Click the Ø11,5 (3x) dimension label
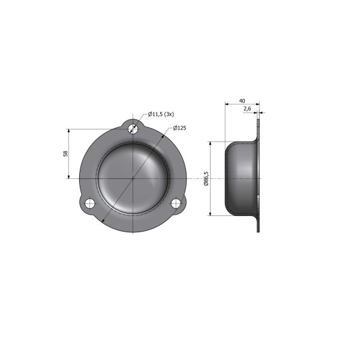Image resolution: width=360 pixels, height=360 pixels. (x=161, y=114)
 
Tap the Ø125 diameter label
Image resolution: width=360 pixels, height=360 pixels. (x=179, y=128)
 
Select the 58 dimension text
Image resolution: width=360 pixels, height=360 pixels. (x=65, y=154)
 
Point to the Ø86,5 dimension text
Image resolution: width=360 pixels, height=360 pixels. (x=206, y=179)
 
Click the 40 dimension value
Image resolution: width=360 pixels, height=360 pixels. (x=242, y=101)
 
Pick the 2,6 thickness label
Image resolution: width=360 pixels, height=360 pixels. (x=247, y=109)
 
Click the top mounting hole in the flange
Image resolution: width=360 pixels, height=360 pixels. (x=133, y=129)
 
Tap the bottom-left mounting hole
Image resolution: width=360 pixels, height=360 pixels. (x=90, y=203)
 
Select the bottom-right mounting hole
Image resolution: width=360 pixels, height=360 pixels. (x=176, y=203)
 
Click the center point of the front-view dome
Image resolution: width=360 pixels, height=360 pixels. (x=133, y=178)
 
